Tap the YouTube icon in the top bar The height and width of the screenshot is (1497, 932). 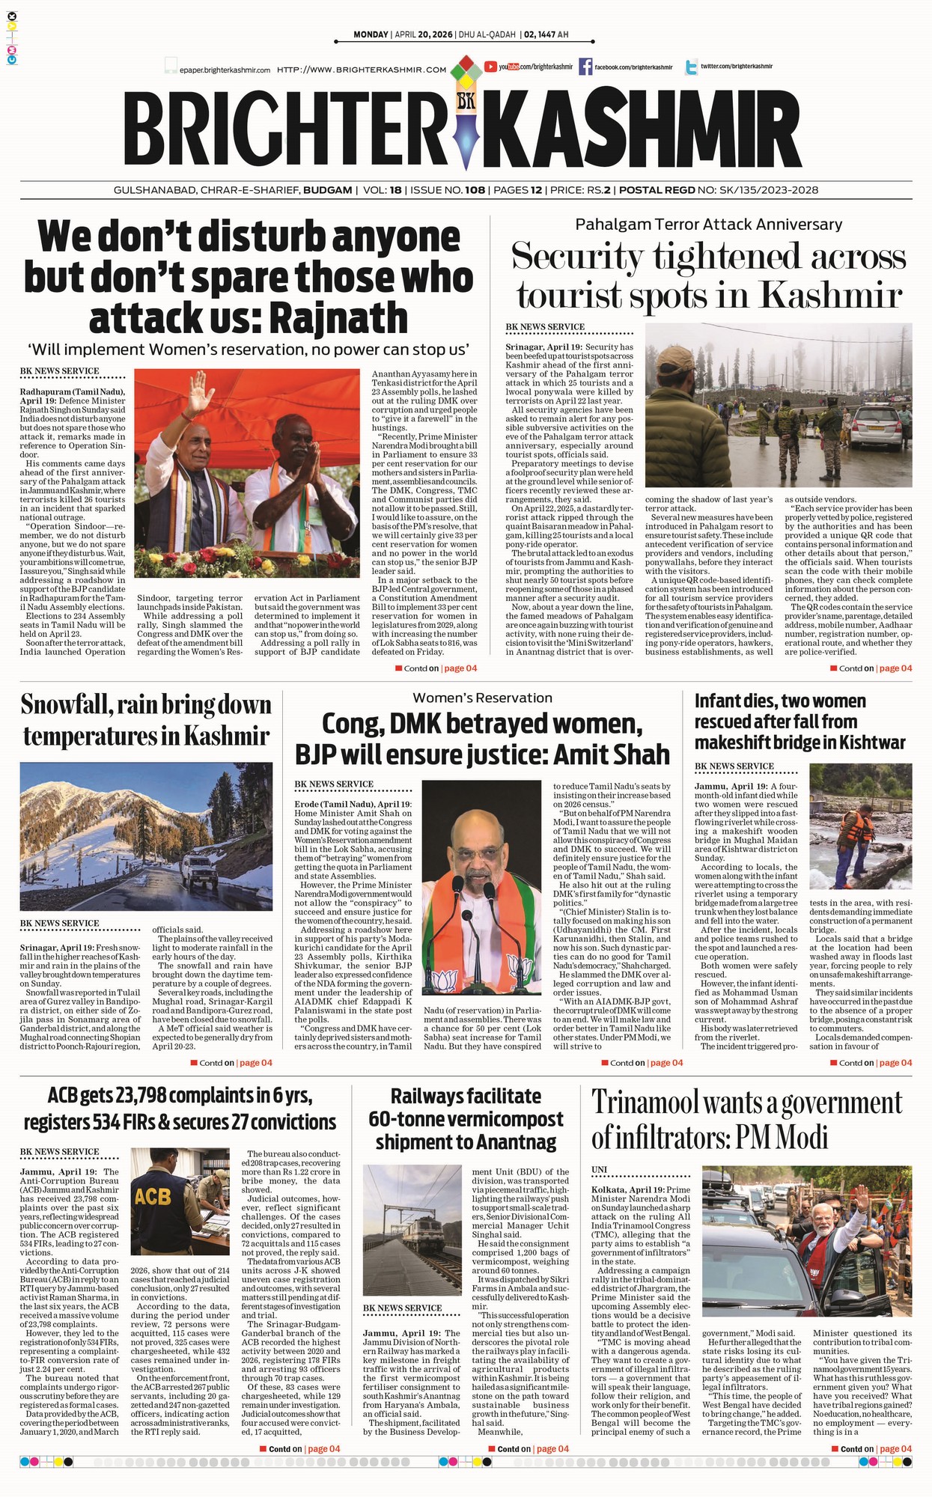coord(491,67)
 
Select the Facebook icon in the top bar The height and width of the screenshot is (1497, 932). coord(585,67)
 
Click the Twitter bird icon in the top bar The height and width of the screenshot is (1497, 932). coord(691,67)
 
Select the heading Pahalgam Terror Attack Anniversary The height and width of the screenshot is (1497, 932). coord(708,225)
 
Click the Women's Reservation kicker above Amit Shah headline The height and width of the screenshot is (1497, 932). coord(482,698)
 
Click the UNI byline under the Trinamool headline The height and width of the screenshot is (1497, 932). coord(599,1169)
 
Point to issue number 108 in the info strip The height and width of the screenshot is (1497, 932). coord(475,190)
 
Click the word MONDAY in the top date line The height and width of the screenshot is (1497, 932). coord(371,34)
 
